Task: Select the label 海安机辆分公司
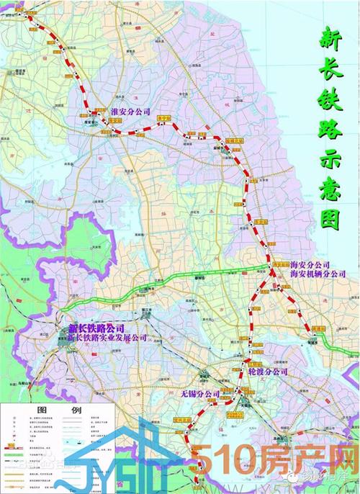[x=318, y=274]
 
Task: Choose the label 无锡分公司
[x=200, y=394]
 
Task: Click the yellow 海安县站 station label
[x=274, y=265]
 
